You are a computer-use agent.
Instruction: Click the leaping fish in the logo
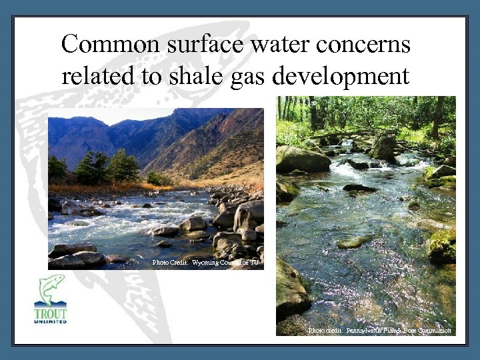pos(51,287)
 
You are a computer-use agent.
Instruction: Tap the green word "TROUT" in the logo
pos(51,312)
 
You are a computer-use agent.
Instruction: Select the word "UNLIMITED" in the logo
pos(51,321)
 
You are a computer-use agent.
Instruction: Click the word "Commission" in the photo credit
pos(433,331)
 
